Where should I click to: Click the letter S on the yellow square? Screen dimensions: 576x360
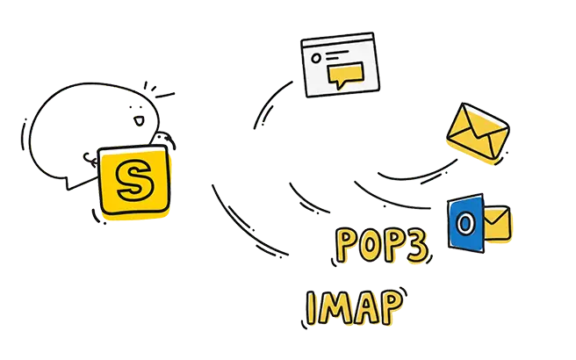134,180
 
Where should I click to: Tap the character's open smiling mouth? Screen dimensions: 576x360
139,121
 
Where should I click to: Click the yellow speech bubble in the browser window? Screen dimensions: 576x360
345,75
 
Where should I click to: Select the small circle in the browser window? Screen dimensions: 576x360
316,58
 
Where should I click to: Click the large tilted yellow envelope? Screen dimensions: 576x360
478,133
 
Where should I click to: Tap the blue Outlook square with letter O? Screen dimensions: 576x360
465,223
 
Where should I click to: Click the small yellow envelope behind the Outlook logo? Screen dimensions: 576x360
497,223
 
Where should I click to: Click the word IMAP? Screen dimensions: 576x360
354,308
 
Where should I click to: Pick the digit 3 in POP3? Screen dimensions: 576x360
416,247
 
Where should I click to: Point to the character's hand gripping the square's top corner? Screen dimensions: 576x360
164,139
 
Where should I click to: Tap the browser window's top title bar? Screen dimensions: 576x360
337,39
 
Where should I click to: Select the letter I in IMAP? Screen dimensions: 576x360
311,308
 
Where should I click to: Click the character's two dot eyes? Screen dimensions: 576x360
135,107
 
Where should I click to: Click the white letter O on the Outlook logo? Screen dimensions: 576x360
464,223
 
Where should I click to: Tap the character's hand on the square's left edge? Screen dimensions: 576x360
90,160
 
